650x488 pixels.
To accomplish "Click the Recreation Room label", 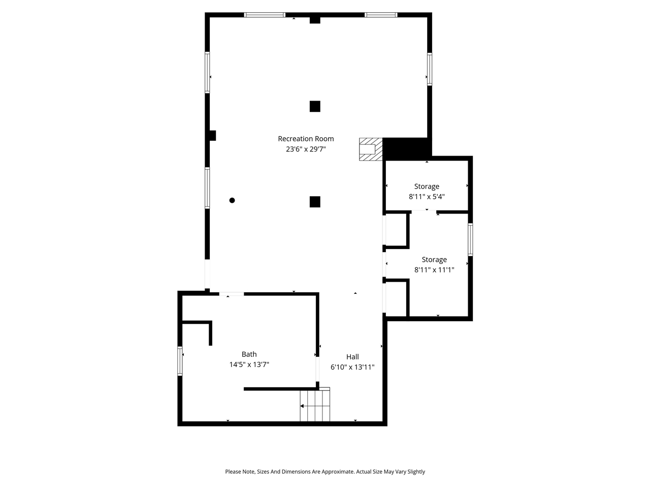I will (306, 139).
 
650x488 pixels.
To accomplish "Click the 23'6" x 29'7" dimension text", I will (306, 149).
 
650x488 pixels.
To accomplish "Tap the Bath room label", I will (249, 354).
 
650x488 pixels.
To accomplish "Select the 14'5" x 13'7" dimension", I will (249, 364).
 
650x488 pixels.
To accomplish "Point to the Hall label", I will (352, 357).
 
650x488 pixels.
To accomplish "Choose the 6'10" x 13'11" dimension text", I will (352, 367).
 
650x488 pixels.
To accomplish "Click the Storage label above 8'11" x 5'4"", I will (427, 187).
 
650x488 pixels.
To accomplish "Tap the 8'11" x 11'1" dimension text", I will (434, 270).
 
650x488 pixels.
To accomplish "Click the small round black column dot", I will (232, 200).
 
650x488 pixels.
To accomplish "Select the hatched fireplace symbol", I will (370, 149).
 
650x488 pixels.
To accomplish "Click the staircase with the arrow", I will (315, 406).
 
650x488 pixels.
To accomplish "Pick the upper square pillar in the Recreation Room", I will (315, 106).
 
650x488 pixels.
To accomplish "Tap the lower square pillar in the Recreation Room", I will (315, 202).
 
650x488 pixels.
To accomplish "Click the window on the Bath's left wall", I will (180, 361).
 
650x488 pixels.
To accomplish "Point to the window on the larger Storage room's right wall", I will (470, 239).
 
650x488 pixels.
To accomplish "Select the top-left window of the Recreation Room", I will (265, 15).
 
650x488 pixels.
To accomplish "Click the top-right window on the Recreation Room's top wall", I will (381, 15).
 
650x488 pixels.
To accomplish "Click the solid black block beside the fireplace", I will (407, 147).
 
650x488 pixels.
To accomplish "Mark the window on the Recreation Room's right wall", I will (430, 69).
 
